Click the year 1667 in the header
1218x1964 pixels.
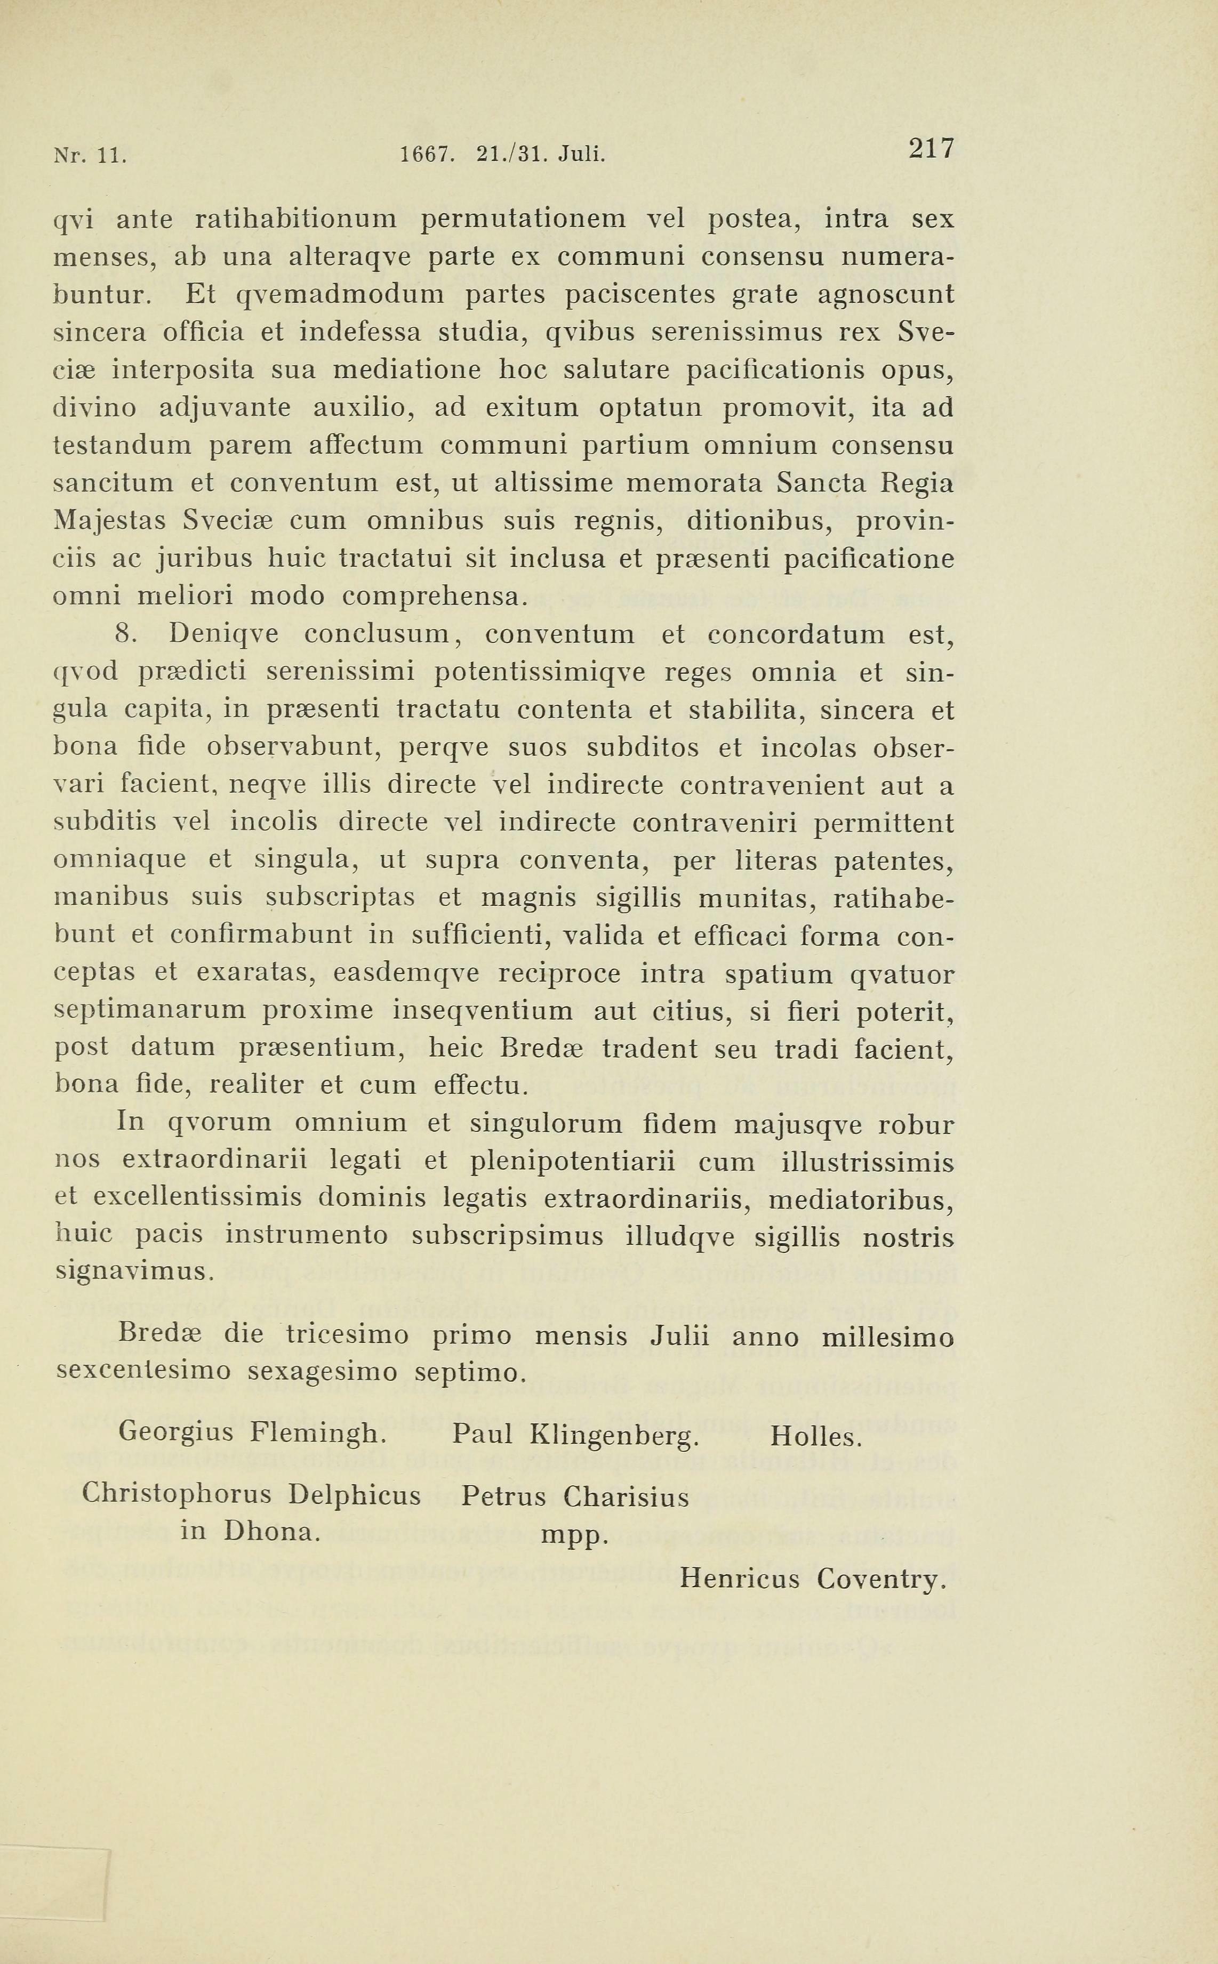[x=426, y=153]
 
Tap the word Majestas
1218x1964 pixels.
[x=109, y=521]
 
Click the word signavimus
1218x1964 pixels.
[x=134, y=1273]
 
